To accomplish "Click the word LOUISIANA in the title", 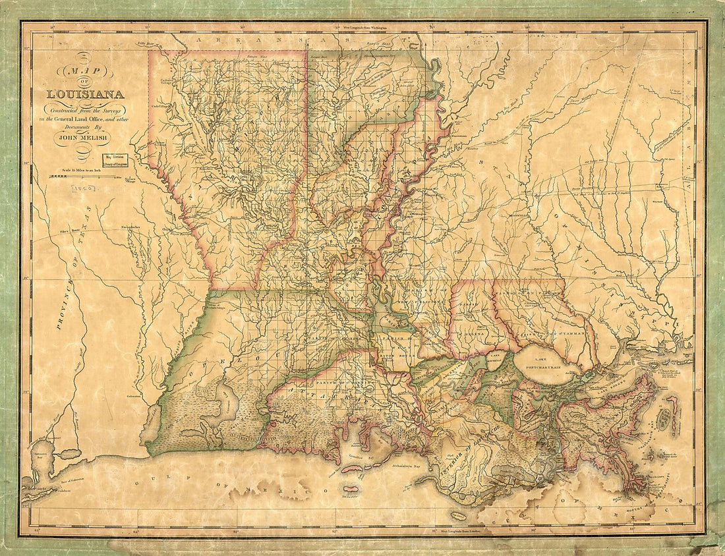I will click(84, 93).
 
